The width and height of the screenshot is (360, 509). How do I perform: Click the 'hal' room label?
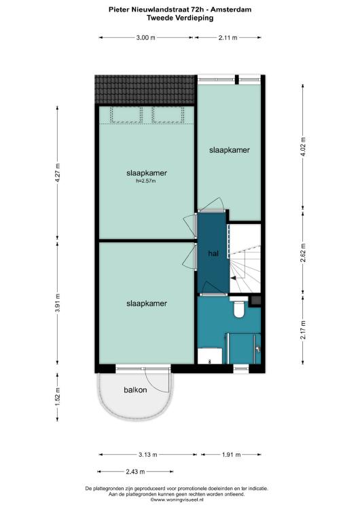[x=213, y=254]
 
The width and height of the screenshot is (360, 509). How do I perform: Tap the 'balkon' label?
[x=135, y=390]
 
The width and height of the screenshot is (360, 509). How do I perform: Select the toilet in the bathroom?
[x=239, y=307]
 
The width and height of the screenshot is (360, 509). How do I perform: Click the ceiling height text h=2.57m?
[x=146, y=181]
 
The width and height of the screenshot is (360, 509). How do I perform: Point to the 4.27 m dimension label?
[x=58, y=172]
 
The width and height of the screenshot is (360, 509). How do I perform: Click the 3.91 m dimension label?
[x=58, y=303]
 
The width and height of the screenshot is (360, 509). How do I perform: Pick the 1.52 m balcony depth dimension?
[x=58, y=397]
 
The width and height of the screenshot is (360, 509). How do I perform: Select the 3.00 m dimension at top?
[x=145, y=37]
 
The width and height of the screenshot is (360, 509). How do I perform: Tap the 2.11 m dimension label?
[x=228, y=37]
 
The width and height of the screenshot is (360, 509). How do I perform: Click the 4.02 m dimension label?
[x=303, y=147]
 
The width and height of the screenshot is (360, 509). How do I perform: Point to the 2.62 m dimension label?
[x=303, y=252]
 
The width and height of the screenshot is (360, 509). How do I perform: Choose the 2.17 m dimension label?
[x=303, y=330]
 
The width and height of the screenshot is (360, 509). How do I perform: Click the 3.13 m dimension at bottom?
[x=148, y=455]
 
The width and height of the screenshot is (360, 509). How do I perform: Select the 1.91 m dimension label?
[x=232, y=455]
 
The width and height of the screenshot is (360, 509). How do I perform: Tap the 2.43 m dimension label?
[x=135, y=472]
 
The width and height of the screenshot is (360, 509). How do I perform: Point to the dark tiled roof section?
[x=145, y=90]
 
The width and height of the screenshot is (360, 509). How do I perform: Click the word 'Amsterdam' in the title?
[x=231, y=10]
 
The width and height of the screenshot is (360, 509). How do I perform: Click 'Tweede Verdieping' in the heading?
[x=180, y=18]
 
